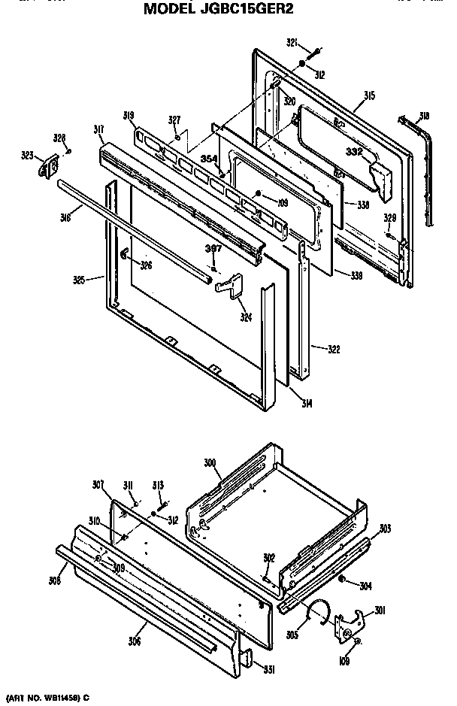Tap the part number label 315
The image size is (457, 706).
[x=369, y=95]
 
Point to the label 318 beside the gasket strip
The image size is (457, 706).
[x=424, y=116]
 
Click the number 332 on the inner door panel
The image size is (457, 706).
[x=354, y=152]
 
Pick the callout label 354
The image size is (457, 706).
[x=209, y=159]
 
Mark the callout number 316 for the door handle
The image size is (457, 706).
[x=66, y=218]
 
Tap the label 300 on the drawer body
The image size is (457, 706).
[x=210, y=462]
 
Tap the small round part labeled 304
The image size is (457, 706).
[x=342, y=580]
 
